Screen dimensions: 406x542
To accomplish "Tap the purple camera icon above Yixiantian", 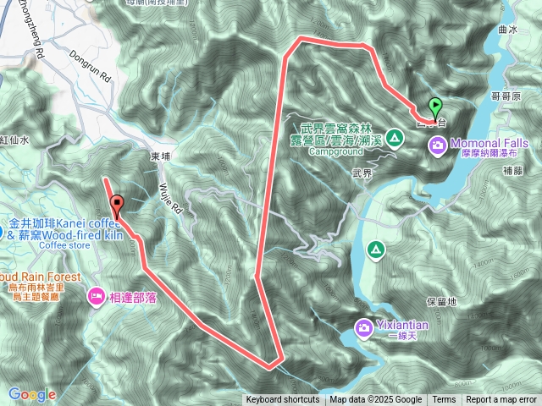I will pyautogui.click(x=363, y=326).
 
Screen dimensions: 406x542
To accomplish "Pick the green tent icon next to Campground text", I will pyautogui.click(x=394, y=137).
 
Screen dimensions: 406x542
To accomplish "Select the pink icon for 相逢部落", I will pyautogui.click(x=96, y=297).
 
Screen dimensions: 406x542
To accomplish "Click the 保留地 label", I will pyautogui.click(x=442, y=301).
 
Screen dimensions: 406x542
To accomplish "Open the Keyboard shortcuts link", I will pyautogui.click(x=283, y=400).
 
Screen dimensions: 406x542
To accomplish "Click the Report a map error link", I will pyautogui.click(x=501, y=400).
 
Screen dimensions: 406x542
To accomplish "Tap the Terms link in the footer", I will pyautogui.click(x=444, y=400).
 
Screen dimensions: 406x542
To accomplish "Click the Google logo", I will pyautogui.click(x=32, y=394).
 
